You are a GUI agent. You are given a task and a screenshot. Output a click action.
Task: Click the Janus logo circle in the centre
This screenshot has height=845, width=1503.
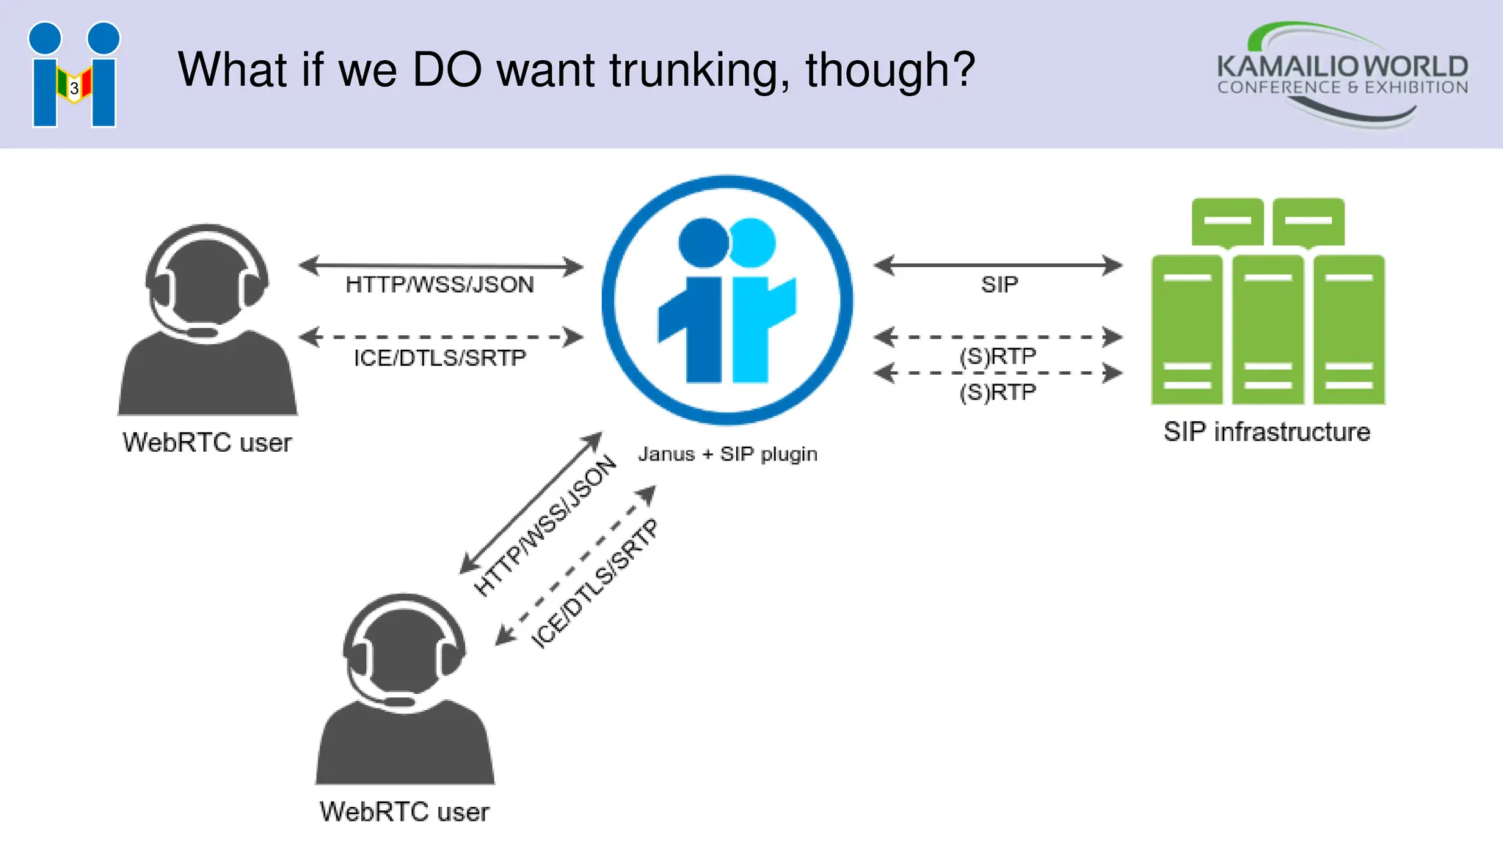coord(727,300)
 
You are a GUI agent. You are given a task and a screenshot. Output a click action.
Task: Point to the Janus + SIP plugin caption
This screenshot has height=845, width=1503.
coord(727,454)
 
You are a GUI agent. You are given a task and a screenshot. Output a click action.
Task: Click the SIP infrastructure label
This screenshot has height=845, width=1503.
coord(1267,432)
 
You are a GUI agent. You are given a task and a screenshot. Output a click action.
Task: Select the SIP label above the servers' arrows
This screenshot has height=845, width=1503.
coord(999,285)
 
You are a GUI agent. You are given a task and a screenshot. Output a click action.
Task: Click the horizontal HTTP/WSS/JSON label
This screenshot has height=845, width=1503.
coord(440,285)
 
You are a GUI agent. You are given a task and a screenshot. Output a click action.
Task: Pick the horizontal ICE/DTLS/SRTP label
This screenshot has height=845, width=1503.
coord(440,358)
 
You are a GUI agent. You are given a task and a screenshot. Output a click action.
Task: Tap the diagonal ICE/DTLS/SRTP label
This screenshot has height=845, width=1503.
coord(595,584)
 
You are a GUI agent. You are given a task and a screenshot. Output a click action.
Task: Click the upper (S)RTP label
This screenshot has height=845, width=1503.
coord(997,356)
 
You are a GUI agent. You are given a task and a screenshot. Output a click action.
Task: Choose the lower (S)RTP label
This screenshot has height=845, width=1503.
coord(997,392)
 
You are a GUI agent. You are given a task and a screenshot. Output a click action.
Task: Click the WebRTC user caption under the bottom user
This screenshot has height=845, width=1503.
coord(404,812)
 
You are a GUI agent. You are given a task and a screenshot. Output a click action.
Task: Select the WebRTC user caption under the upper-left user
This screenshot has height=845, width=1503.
coord(207,442)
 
